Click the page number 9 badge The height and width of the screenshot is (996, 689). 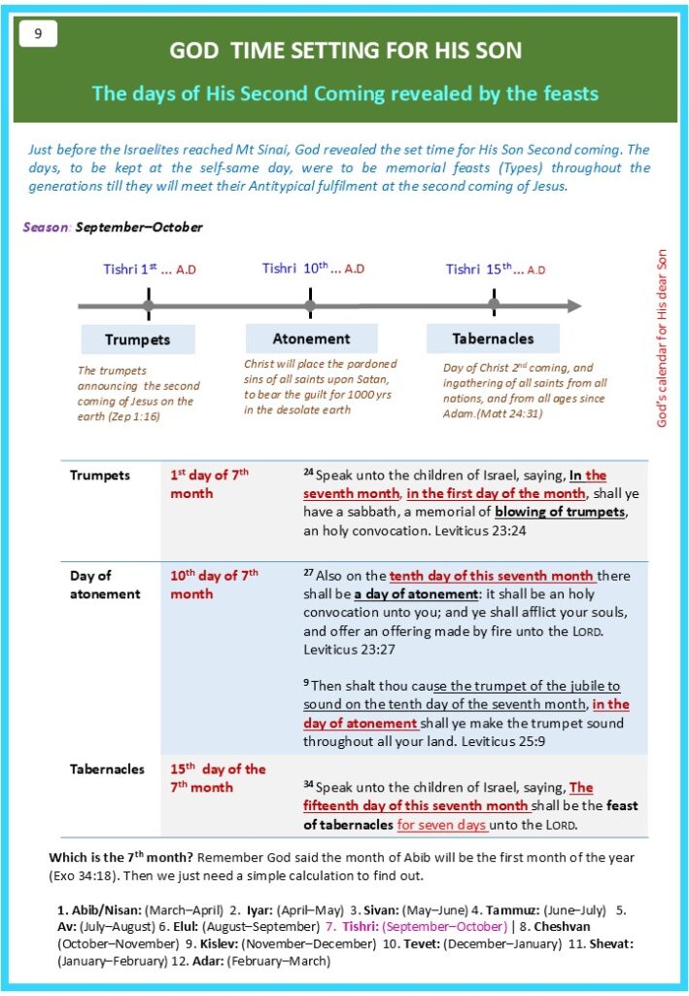38,34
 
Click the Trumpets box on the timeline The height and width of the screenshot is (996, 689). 137,339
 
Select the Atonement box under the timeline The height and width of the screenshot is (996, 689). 311,338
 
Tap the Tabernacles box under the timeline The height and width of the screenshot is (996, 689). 493,338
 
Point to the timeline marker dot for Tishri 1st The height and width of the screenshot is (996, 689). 148,306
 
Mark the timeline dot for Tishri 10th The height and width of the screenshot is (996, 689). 310,306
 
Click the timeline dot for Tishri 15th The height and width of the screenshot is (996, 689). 494,304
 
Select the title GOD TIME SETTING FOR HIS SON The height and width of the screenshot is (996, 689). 345,51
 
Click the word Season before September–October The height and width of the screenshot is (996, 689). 47,228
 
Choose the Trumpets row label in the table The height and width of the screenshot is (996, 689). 99,476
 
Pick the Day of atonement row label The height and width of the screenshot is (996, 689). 104,585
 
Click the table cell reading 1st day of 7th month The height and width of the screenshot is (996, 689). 210,484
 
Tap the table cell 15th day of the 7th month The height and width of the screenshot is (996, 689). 218,778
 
